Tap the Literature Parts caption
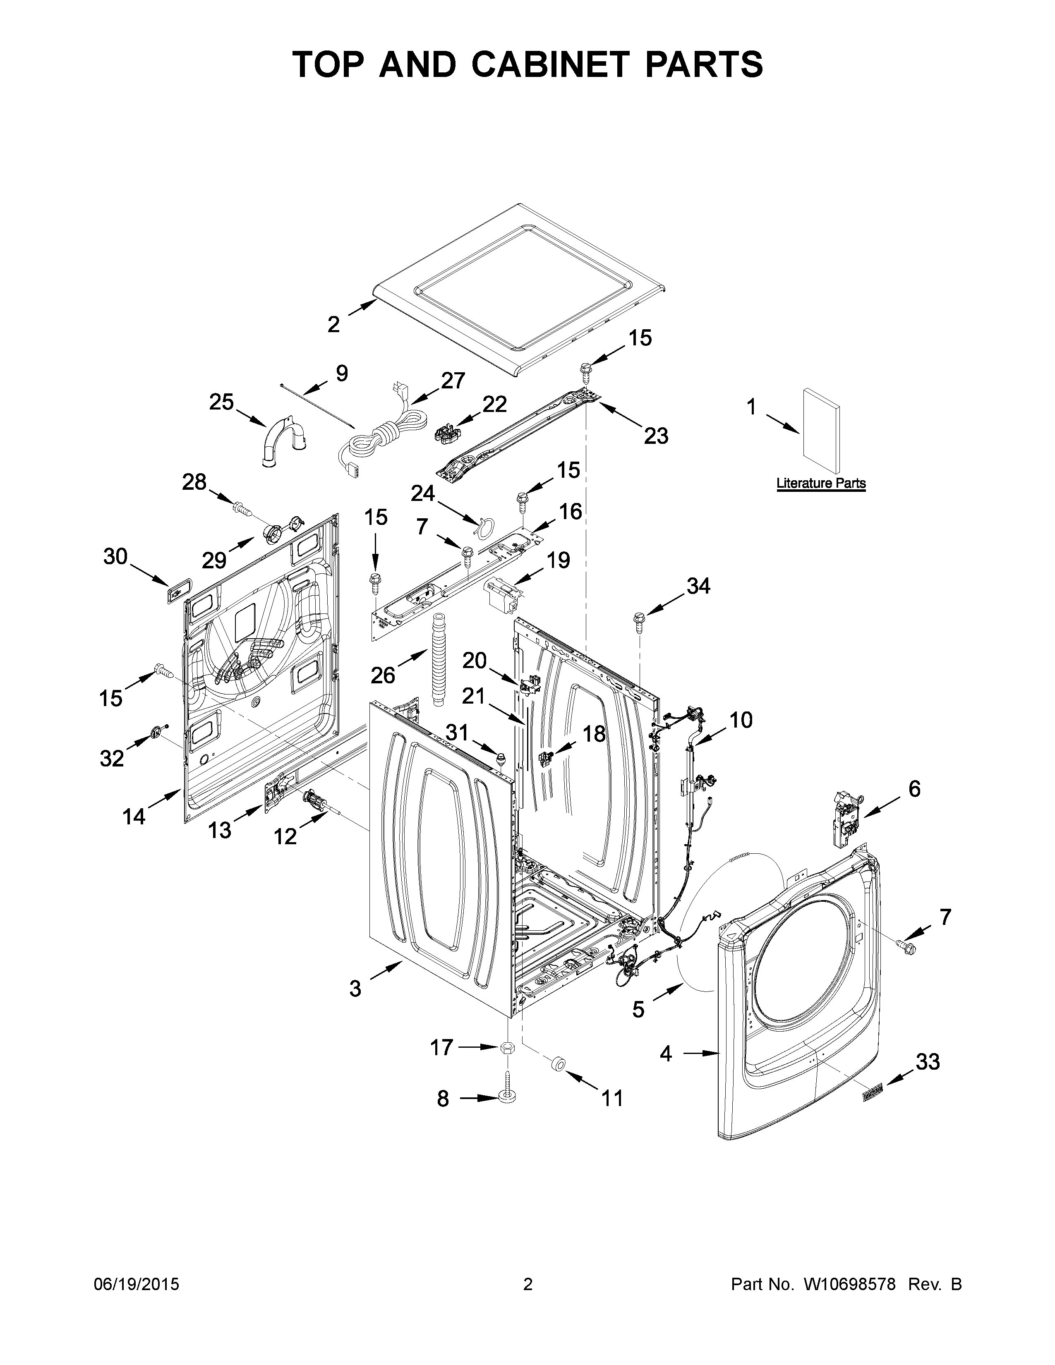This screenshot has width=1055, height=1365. [821, 483]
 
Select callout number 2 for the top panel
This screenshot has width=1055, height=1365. [334, 324]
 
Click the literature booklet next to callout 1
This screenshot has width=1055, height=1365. [821, 430]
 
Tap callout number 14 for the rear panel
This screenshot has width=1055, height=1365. [134, 816]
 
